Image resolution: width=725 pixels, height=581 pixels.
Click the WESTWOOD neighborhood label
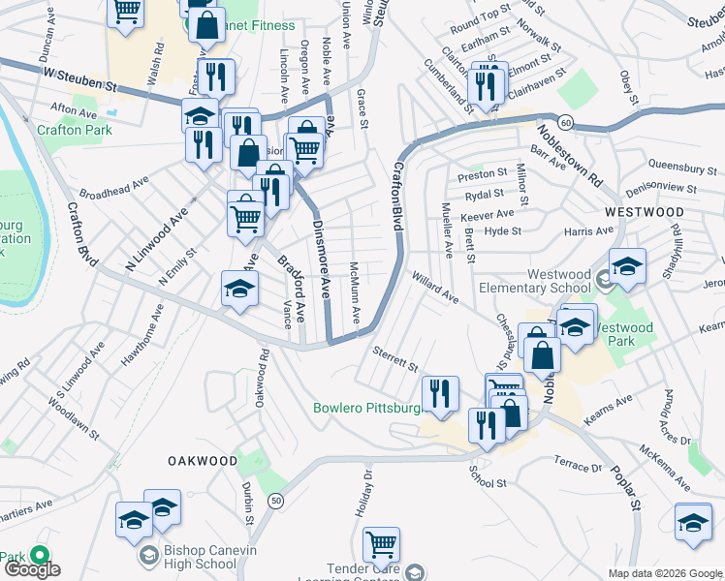pos(644,210)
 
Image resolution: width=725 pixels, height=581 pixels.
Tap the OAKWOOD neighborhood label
pos(202,461)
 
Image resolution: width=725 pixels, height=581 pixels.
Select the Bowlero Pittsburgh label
pos(368,408)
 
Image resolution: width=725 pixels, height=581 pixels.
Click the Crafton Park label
pos(70,128)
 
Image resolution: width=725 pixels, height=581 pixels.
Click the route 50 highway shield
pos(276,500)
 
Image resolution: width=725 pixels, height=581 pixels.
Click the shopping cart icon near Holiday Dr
pos(382,544)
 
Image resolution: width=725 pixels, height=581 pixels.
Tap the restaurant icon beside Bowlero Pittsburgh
pos(440,393)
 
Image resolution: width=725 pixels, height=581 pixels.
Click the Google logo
pos(32,569)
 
